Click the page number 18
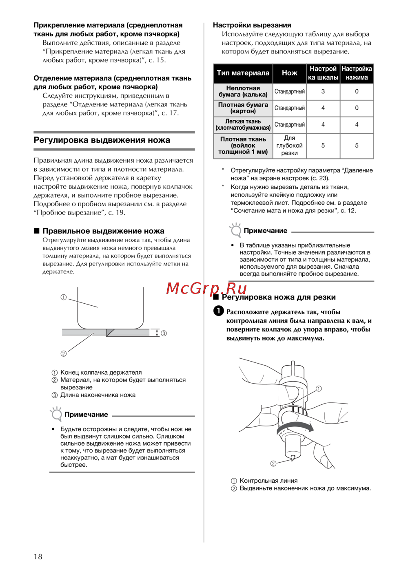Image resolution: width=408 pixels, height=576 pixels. pos(38,556)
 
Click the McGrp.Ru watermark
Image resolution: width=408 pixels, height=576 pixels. pos(206,288)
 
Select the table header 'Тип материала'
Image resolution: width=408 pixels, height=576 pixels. pos(243,73)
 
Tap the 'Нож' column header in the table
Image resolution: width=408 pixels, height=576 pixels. pos(289,73)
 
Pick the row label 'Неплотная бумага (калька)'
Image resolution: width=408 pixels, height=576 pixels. pos(243,92)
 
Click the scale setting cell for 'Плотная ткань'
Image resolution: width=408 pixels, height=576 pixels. pos(323,146)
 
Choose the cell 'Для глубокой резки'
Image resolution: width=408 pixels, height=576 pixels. pos(289,146)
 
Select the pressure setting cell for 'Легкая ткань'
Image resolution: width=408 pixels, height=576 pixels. pos(357,125)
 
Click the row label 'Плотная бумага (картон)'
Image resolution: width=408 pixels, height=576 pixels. pos(243,108)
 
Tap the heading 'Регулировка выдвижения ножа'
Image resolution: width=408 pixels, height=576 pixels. pos(102,140)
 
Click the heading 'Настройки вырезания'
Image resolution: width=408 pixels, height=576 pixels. pos(252,25)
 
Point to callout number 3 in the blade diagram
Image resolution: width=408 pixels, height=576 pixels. pos(164,333)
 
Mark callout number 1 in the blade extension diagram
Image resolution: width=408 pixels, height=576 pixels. pos(64,298)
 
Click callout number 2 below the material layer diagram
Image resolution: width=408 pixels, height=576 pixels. pos(64,354)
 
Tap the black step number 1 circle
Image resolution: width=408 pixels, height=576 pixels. pos(219,311)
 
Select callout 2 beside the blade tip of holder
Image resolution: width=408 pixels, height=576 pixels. pos(273,463)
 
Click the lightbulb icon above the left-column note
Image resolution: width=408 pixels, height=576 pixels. pos(56,414)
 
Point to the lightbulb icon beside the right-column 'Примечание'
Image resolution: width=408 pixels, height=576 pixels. pos(235,230)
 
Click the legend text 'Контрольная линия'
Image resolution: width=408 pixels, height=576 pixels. pos(268,481)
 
